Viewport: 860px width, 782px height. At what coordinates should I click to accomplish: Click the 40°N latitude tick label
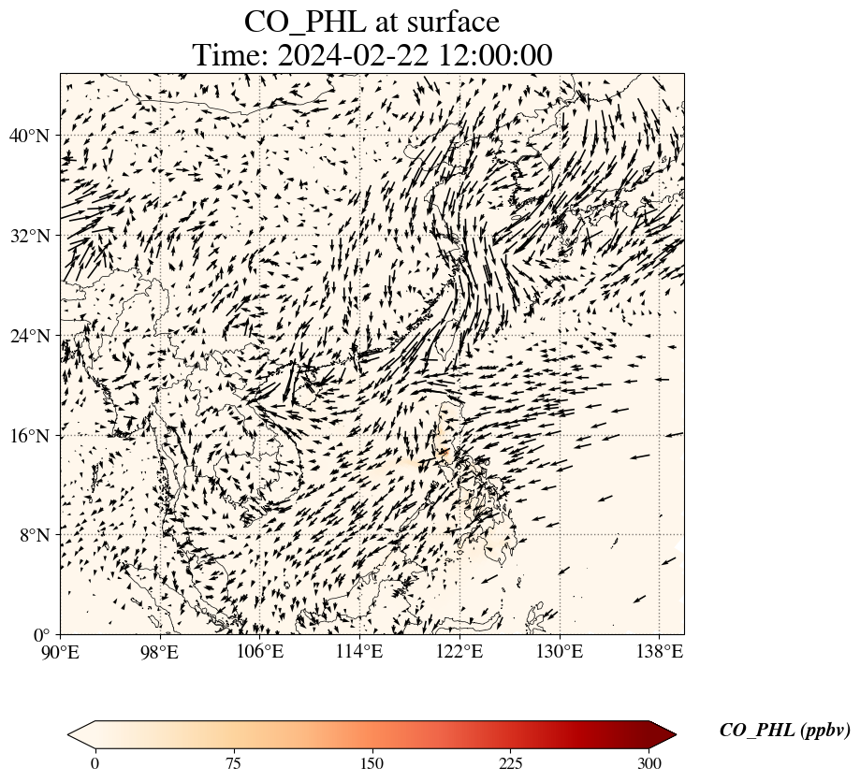[29, 137]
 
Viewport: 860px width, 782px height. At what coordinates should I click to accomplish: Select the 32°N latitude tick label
[29, 236]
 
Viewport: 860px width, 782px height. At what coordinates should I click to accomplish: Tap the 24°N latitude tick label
[29, 336]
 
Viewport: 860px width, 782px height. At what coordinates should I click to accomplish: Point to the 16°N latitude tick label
[29, 436]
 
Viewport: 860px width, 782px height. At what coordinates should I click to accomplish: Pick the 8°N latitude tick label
[34, 535]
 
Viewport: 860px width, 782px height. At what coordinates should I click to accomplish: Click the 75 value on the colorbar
[233, 763]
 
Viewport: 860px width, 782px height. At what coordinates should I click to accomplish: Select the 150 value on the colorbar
[372, 763]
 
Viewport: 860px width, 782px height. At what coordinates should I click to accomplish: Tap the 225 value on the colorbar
[511, 763]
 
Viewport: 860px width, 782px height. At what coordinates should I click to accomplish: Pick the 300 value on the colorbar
[649, 763]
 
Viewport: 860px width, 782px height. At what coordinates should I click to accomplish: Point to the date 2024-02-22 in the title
[352, 55]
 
